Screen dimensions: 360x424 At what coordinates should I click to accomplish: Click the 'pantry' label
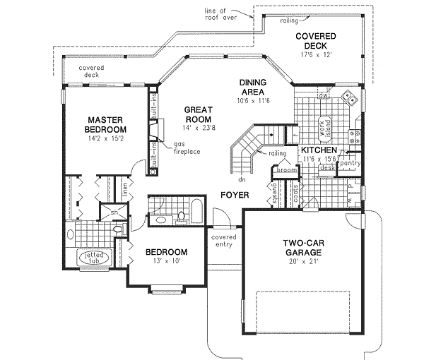coord(348,164)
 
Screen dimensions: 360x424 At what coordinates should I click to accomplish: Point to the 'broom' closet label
coord(287,170)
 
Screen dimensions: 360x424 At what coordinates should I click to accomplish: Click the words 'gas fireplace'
coord(185,148)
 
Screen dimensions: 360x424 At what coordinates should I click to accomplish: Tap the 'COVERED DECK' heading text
coord(316,41)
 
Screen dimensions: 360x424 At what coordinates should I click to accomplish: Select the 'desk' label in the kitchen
coord(326,168)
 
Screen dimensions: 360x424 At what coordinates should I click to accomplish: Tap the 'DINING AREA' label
coord(252,87)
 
